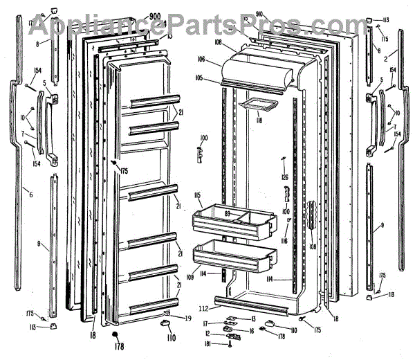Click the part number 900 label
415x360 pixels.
tap(154, 16)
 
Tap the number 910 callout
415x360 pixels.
tap(260, 14)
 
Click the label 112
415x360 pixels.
tap(203, 309)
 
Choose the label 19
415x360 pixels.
tap(187, 317)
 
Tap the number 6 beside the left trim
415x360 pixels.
tap(30, 195)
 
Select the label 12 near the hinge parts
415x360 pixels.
tap(207, 334)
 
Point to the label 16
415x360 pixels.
tap(251, 331)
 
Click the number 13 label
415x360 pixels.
tap(253, 318)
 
